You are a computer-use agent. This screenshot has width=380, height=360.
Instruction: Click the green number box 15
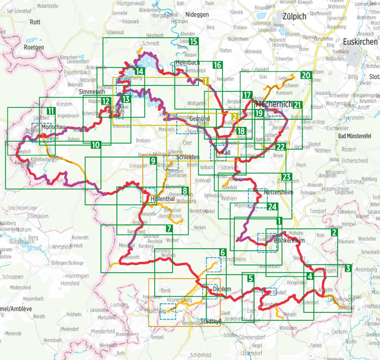pyautogui.click(x=194, y=41)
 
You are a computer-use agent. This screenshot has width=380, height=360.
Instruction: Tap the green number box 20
pyautogui.click(x=306, y=75)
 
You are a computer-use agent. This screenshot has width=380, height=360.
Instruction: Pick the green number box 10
pyautogui.click(x=96, y=145)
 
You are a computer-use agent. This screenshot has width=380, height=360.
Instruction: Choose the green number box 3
pyautogui.click(x=348, y=268)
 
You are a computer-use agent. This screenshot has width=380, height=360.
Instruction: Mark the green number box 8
pyautogui.click(x=185, y=191)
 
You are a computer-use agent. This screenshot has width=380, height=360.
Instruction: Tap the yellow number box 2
pyautogui.click(x=234, y=117)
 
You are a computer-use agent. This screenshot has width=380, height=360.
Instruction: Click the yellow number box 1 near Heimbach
pyautogui.click(x=205, y=81)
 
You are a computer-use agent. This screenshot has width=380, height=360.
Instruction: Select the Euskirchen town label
pyautogui.click(x=360, y=41)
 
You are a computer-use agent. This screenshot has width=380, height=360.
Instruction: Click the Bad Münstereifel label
pyautogui.click(x=357, y=136)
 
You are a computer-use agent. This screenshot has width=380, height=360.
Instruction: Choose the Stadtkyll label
pyautogui.click(x=213, y=321)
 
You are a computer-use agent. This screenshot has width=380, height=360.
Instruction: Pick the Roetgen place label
pyautogui.click(x=33, y=47)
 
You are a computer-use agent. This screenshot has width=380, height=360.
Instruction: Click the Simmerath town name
pyautogui.click(x=92, y=92)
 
